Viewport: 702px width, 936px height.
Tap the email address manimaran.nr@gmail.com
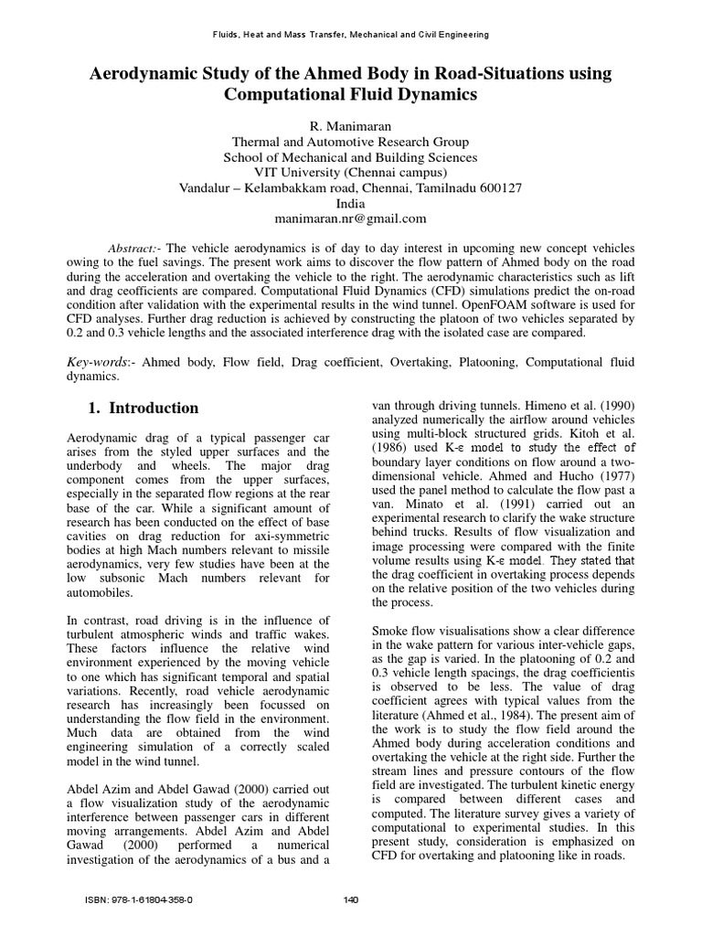point(350,218)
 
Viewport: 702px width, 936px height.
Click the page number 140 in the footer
point(350,899)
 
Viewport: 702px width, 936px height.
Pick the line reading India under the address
point(350,203)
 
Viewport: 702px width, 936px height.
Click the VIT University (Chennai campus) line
point(350,172)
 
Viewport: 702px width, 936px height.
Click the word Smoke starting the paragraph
point(393,631)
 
